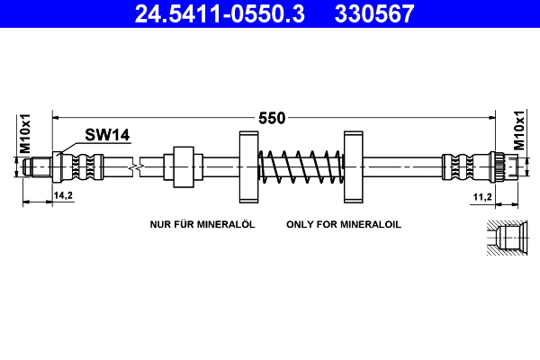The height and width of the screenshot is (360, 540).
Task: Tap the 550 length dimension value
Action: coord(272,118)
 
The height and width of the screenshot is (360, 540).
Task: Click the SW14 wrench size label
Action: coord(108,135)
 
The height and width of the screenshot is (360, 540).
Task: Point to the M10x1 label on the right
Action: coord(519,132)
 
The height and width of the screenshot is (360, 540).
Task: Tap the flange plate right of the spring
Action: coord(352,167)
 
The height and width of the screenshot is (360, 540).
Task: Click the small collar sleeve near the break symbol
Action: coord(183,166)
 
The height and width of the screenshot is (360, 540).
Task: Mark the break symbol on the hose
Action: coord(134,166)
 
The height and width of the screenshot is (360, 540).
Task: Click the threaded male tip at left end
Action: coord(40,166)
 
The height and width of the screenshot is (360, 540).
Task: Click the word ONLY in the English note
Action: coord(300,224)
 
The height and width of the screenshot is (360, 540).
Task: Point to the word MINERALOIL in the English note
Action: coord(368,224)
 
